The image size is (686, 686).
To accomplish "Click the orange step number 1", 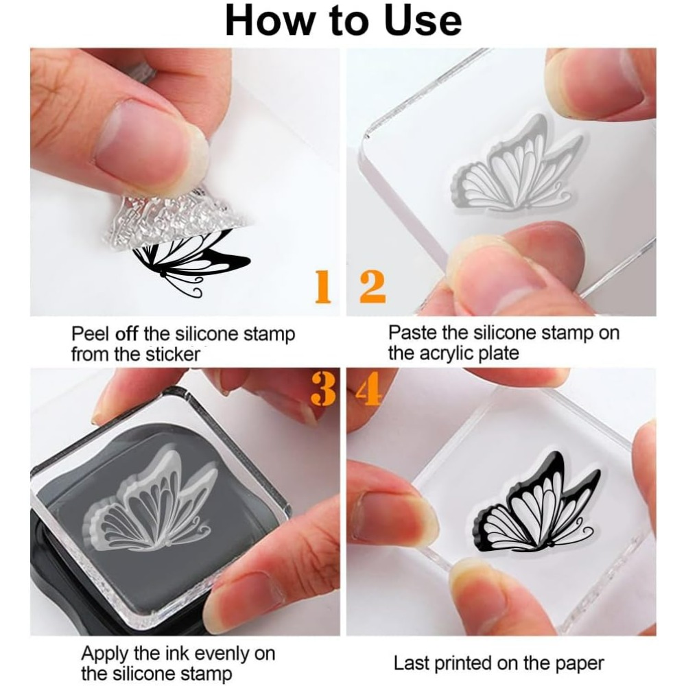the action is point(323,287).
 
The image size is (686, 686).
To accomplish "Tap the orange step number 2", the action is point(372,287).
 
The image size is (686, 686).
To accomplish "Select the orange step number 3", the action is point(323,388).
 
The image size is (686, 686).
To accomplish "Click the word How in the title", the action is point(270,21).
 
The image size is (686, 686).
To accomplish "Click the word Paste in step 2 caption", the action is point(413,333).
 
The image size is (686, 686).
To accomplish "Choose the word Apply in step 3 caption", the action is point(105,654).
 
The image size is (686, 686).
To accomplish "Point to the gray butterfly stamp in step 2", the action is point(517,163).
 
